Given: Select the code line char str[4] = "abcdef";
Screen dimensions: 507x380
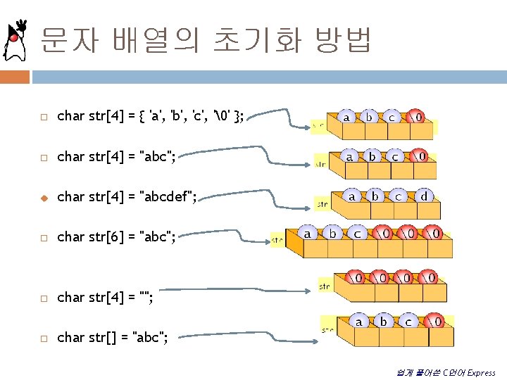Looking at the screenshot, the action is click(127, 196).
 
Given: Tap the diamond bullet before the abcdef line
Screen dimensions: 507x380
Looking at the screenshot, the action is click(43, 197).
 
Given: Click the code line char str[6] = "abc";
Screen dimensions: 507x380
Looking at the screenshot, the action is click(116, 236).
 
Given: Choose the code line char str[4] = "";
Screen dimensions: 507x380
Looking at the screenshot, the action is click(105, 298).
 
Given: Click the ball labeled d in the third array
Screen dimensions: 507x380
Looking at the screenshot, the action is click(424, 196).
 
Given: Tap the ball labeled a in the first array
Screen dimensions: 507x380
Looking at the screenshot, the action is click(346, 117).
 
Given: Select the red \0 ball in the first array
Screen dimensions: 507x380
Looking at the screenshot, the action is click(417, 117).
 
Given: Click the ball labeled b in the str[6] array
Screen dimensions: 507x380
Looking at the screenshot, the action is click(332, 232).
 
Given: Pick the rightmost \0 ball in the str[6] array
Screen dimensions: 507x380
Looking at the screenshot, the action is click(434, 232).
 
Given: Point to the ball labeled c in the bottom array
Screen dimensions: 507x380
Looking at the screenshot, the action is click(408, 321).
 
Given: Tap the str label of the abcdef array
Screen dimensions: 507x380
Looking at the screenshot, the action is click(322, 205).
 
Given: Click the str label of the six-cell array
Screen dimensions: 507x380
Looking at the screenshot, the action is click(277, 240).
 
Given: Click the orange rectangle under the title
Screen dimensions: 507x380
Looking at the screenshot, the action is click(15, 76).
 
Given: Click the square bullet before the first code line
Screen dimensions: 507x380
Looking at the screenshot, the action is click(43, 116).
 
